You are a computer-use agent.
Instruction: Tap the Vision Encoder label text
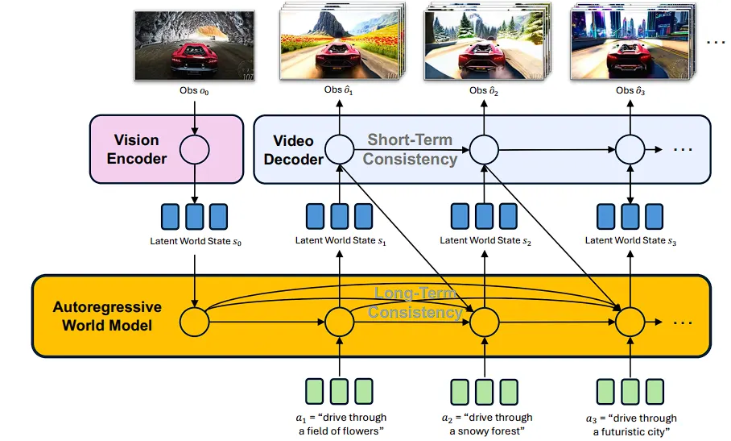pos(137,149)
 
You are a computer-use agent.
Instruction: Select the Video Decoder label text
pos(293,150)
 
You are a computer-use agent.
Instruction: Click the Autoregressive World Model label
pos(107,316)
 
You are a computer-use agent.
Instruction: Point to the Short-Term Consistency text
pos(410,149)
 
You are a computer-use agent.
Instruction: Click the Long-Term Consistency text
pos(415,302)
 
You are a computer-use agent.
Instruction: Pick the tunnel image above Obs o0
pos(194,46)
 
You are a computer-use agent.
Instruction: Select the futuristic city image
pos(630,44)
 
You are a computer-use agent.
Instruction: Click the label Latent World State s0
pos(196,241)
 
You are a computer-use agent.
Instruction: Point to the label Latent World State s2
pos(485,241)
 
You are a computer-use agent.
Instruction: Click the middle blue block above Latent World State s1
pos(340,217)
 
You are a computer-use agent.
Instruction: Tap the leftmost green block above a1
pos(315,392)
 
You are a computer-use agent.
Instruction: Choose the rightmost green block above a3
pos(655,392)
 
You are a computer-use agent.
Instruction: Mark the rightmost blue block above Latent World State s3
pos(654,217)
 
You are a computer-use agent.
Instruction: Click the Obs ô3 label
pos(630,90)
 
